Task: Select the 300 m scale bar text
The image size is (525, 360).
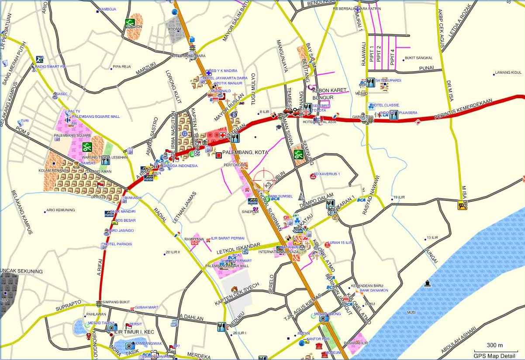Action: (495, 345)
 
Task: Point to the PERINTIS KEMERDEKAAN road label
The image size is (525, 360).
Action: (463, 109)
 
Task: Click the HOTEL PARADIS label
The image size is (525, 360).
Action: (118, 244)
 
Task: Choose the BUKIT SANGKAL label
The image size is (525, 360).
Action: (419, 58)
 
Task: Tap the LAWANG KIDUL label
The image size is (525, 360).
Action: (508, 72)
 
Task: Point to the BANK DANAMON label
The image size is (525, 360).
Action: (373, 290)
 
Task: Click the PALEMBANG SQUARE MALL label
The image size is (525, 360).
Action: (96, 117)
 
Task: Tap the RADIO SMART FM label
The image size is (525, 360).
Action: (50, 66)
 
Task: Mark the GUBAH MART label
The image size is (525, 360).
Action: (146, 307)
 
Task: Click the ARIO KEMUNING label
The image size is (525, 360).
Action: (61, 210)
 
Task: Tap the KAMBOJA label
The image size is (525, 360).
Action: (107, 9)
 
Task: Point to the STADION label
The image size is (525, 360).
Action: (134, 27)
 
